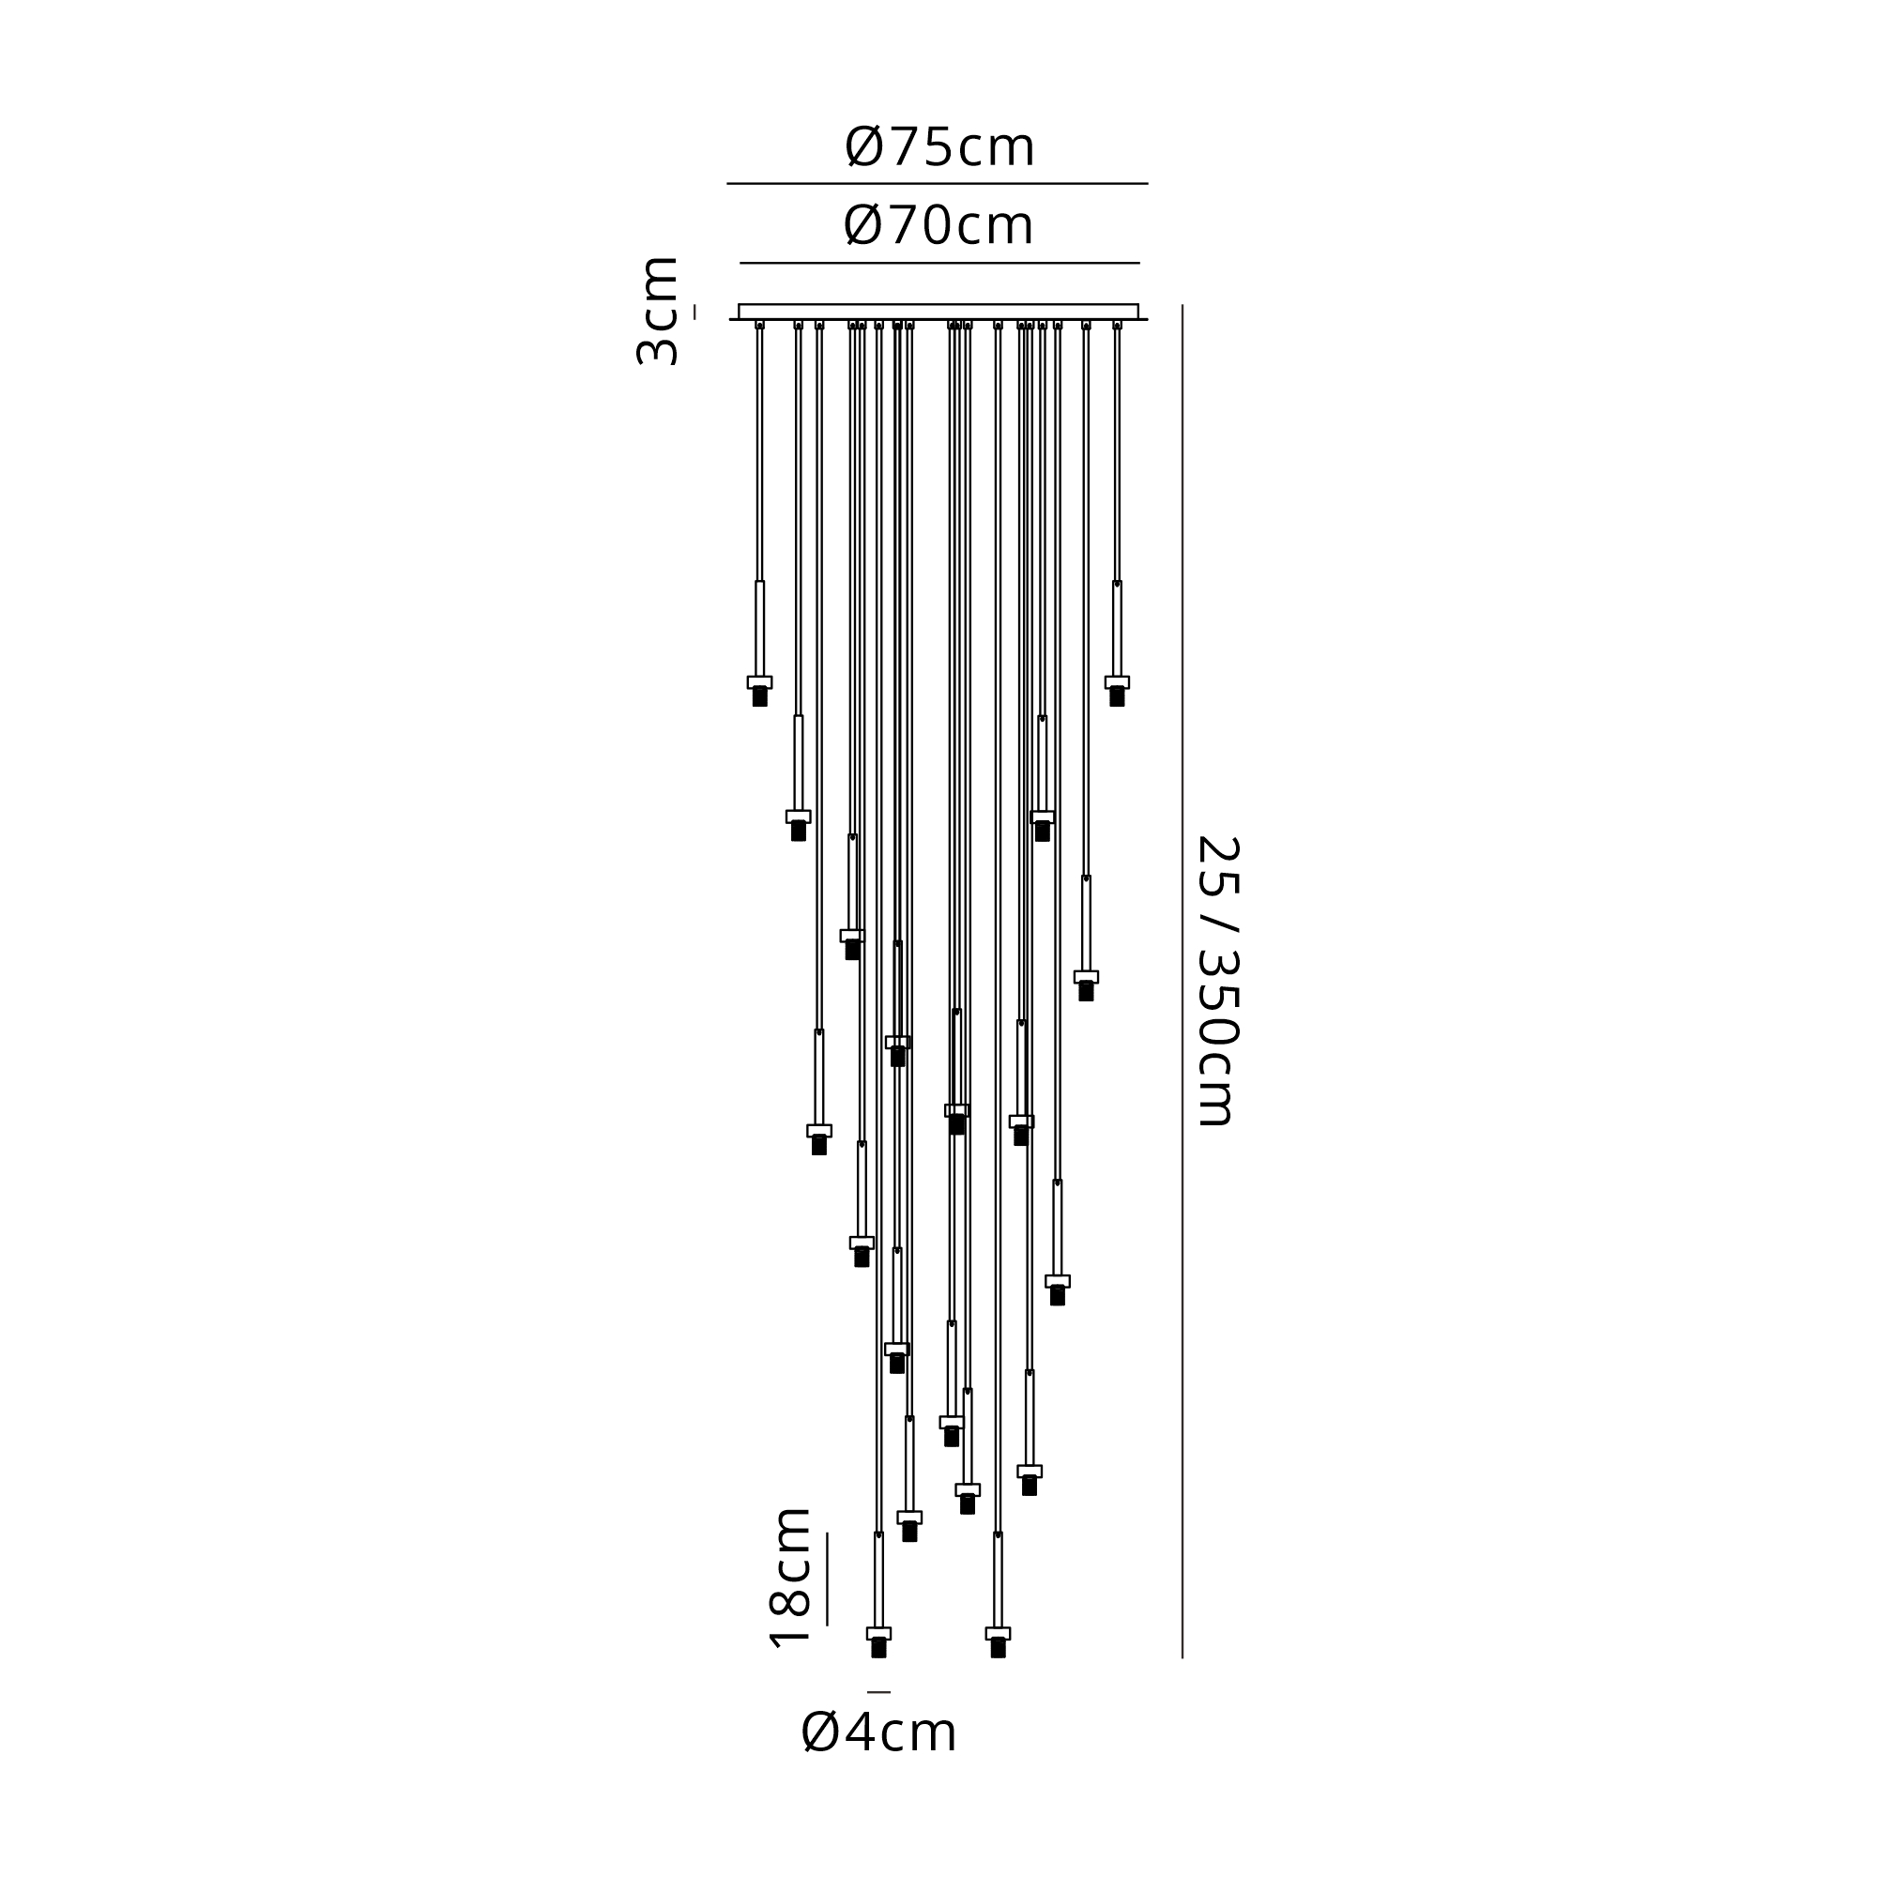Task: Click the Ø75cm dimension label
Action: click(939, 147)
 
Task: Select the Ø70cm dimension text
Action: click(938, 225)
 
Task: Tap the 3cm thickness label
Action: click(657, 311)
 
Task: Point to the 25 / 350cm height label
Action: click(1216, 981)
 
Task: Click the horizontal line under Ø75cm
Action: click(938, 183)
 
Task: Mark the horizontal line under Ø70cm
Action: click(939, 263)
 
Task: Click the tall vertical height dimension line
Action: click(1183, 981)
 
